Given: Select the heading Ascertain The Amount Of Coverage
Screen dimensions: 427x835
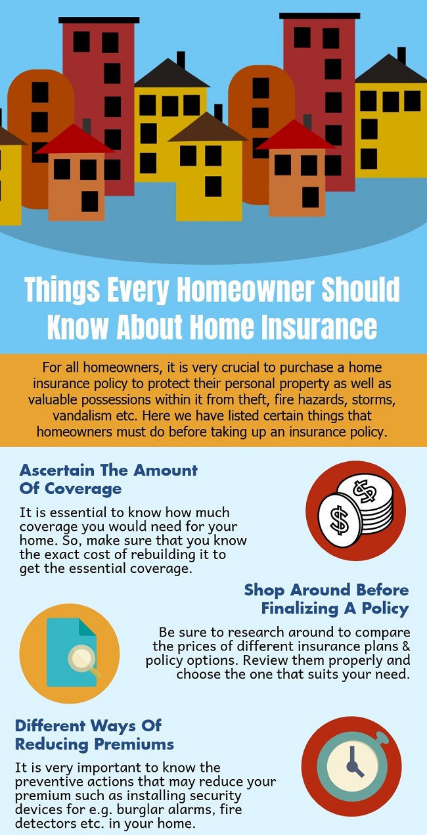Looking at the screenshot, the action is (x=108, y=480).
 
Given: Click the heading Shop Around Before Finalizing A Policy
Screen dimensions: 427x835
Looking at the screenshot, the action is (x=326, y=598).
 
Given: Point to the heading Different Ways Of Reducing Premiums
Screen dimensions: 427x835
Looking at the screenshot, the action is (x=94, y=734).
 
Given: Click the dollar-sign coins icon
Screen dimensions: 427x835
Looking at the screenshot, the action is (x=355, y=510).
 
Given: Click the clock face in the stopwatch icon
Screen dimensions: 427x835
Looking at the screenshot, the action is (x=351, y=767).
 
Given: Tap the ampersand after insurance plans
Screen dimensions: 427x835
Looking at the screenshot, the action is (x=406, y=646).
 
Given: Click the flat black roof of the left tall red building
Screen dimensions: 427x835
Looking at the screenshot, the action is (x=99, y=20).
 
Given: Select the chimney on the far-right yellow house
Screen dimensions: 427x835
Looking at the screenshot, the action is (x=401, y=56).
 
